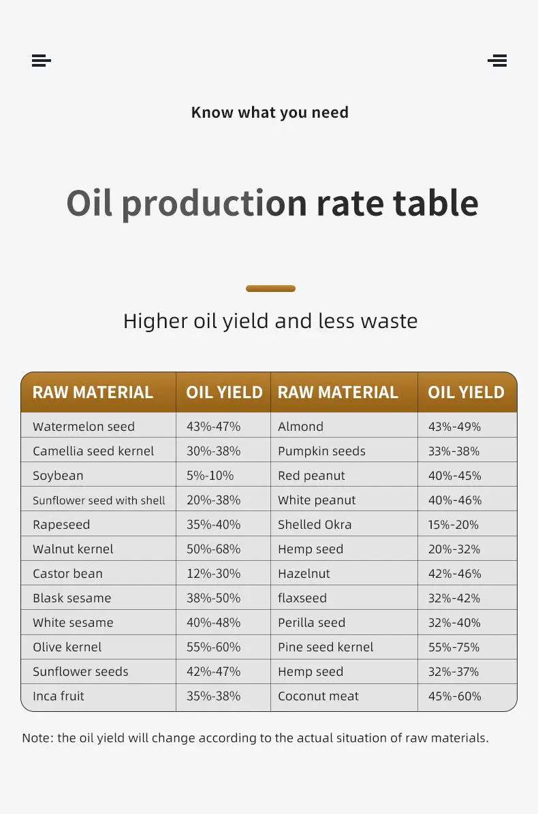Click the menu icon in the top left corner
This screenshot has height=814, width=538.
(x=41, y=61)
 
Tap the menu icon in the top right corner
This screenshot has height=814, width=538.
(x=497, y=61)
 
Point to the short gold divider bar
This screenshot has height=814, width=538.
(x=270, y=289)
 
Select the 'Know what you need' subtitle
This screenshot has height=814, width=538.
(x=270, y=112)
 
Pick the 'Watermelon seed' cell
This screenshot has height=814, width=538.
(x=84, y=427)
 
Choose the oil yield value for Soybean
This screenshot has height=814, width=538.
(x=210, y=476)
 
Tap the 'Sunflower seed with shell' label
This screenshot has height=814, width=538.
(x=99, y=500)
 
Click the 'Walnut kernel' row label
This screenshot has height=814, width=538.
(x=73, y=549)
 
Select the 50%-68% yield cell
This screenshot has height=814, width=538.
(x=213, y=549)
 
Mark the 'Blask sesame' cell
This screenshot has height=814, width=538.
(x=72, y=598)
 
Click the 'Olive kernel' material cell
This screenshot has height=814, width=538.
(x=67, y=647)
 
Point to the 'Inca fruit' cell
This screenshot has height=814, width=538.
(x=59, y=696)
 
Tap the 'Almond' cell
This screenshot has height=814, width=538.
(x=300, y=427)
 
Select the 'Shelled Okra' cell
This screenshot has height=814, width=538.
(x=315, y=525)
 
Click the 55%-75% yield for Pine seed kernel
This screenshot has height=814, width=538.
(x=454, y=647)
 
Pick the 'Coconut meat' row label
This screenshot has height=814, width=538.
(x=318, y=696)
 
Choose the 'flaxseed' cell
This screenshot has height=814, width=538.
(x=302, y=598)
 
